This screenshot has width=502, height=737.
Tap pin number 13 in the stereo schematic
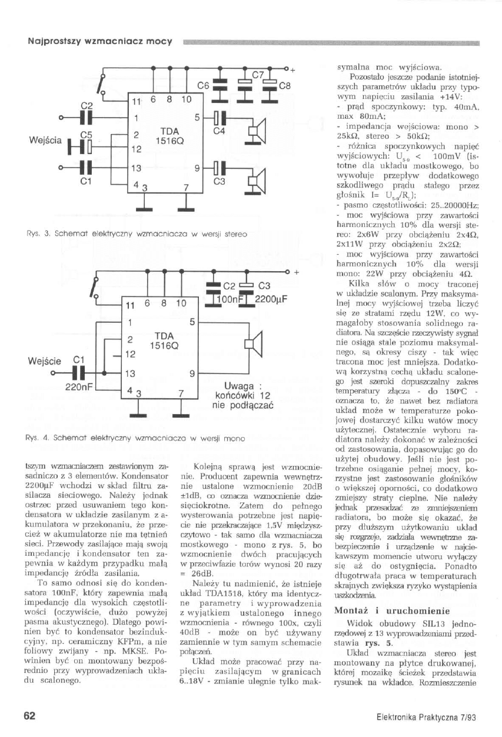coord(137,168)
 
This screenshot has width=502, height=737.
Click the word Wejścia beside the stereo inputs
coord(45,141)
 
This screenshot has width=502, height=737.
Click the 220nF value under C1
coord(77,388)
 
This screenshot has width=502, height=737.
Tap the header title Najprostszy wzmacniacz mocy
coord(100,42)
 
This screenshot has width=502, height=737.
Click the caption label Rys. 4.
coord(33,438)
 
